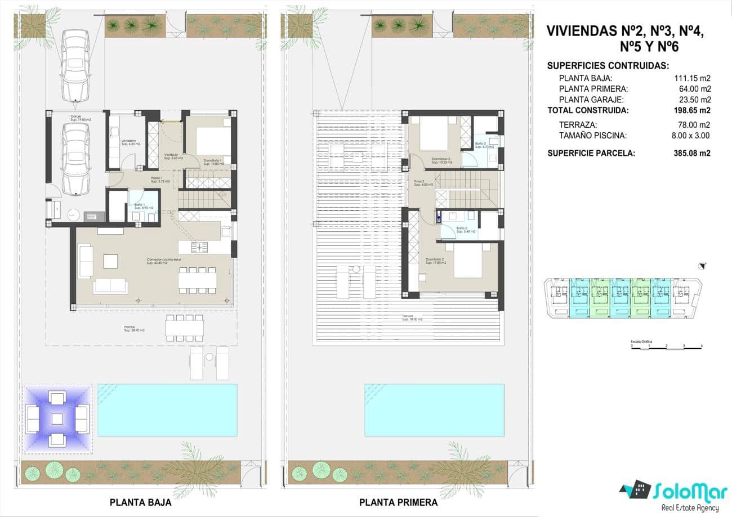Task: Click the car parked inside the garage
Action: point(75,159)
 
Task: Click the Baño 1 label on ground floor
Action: point(140,206)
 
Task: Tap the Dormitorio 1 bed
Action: point(213,141)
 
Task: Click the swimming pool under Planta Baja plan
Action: point(167,410)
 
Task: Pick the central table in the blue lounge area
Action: point(57,419)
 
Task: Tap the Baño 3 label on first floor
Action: point(480,143)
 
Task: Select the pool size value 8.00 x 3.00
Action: point(692,136)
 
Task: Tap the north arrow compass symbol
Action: point(702,266)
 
